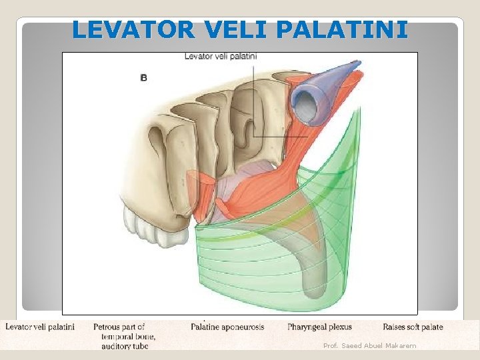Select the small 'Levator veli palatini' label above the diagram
point(221,57)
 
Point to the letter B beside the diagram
point(143,78)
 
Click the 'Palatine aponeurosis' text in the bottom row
point(227,327)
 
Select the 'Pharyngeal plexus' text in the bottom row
point(319,327)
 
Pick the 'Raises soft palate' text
point(413,327)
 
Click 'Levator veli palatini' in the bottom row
point(40,327)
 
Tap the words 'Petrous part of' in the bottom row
point(119,327)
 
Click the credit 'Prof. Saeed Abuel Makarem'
point(369,345)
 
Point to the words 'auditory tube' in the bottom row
point(125,346)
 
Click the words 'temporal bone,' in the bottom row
point(128,337)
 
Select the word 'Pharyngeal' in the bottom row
point(308,327)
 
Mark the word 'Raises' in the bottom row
point(394,327)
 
